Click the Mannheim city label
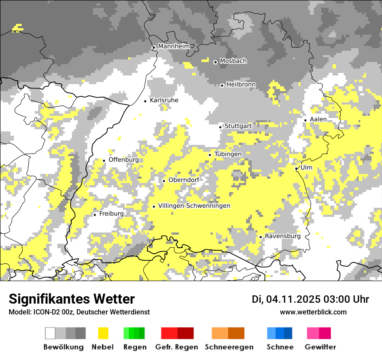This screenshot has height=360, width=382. [x=174, y=46]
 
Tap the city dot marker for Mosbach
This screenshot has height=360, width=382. [x=215, y=62]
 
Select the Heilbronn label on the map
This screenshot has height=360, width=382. [x=241, y=85]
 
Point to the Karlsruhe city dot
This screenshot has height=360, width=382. [x=145, y=101]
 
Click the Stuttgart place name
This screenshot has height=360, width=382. [x=238, y=126]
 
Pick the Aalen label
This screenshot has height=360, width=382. [x=318, y=119]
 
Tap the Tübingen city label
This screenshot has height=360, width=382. [x=228, y=154]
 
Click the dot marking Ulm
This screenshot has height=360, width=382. [x=296, y=168]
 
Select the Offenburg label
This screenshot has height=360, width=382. [x=124, y=160]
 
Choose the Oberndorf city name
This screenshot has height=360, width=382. [x=184, y=180]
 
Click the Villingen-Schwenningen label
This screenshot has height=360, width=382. [x=194, y=206]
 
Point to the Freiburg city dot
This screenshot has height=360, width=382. [x=95, y=215]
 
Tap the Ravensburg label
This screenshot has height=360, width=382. [x=283, y=236]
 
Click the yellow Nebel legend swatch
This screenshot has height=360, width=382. [x=103, y=333]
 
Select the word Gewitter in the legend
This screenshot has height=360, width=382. [x=320, y=347]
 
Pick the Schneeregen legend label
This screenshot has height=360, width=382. [x=229, y=347]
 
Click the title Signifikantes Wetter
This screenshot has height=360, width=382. [x=72, y=299]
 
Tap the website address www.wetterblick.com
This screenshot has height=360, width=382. [x=313, y=312]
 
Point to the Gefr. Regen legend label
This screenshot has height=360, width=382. [x=176, y=347]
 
